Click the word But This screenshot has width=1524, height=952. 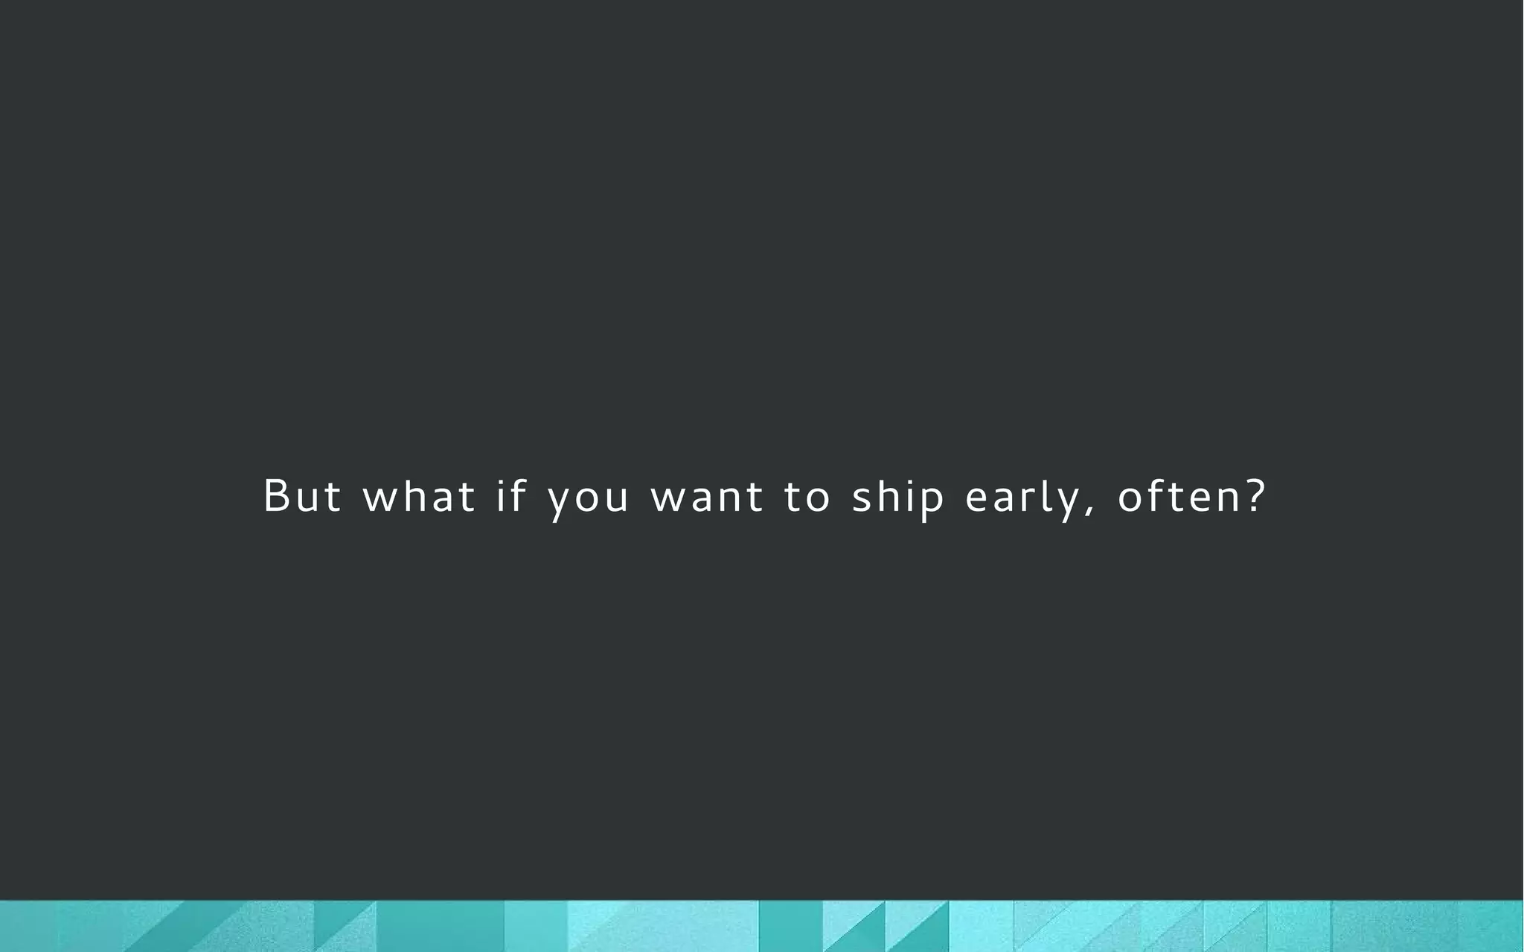(302, 496)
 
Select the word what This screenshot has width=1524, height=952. (419, 496)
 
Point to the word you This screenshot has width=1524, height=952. (589, 498)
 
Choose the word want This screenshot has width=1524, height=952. (707, 497)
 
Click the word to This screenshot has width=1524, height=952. (807, 497)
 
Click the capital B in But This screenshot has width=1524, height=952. (276, 495)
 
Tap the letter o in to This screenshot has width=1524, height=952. (817, 498)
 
